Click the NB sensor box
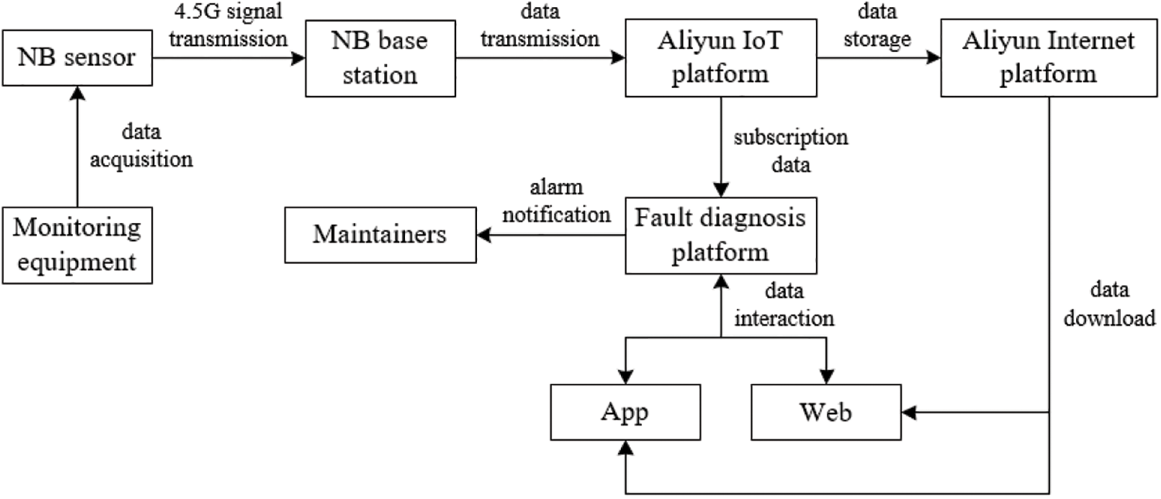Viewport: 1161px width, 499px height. tap(77, 58)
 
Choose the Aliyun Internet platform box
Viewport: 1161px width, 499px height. tap(1048, 58)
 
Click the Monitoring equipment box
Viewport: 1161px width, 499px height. tap(77, 244)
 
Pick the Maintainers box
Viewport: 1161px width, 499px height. tap(379, 234)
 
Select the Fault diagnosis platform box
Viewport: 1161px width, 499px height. tap(721, 234)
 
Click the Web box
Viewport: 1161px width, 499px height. tap(825, 412)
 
